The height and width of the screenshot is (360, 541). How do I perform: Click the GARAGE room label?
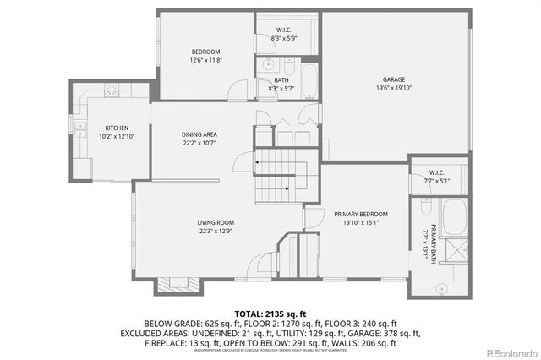coord(393,79)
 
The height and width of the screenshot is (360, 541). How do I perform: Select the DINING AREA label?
coord(199,134)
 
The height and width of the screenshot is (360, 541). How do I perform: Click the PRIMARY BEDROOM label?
coord(361,215)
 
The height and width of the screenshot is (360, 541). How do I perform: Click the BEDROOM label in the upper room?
coord(205,52)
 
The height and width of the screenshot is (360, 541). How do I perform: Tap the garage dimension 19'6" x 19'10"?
coord(393,87)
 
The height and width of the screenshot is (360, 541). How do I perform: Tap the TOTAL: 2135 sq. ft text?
coord(270,313)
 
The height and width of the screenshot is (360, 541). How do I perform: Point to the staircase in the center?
coord(276,173)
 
